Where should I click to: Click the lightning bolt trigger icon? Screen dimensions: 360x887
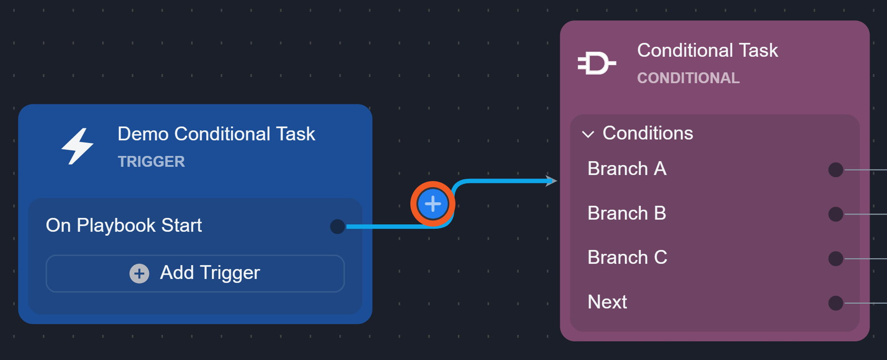click(x=77, y=146)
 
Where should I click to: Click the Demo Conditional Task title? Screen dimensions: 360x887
click(x=216, y=134)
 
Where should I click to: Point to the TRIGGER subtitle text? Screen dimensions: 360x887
click(x=151, y=162)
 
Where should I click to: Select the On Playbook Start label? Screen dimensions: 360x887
click(x=124, y=225)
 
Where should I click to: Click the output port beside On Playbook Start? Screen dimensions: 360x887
click(x=337, y=226)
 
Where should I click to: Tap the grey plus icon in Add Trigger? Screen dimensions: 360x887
click(x=139, y=273)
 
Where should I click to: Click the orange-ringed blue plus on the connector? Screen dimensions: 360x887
click(x=432, y=204)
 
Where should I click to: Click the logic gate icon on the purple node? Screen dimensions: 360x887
click(x=596, y=63)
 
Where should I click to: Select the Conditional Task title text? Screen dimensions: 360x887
click(x=707, y=50)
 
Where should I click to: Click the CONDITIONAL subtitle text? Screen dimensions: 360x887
click(x=688, y=78)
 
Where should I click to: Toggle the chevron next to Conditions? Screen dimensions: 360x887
click(x=588, y=134)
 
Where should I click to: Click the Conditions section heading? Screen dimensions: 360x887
click(x=648, y=133)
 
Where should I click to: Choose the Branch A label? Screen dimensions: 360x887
click(x=627, y=169)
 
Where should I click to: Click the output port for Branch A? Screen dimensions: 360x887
click(x=835, y=170)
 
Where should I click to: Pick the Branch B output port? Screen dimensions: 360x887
click(x=835, y=214)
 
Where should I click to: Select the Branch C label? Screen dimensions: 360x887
click(x=627, y=257)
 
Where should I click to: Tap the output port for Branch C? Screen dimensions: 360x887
click(x=835, y=259)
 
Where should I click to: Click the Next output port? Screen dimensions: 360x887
click(x=835, y=303)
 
